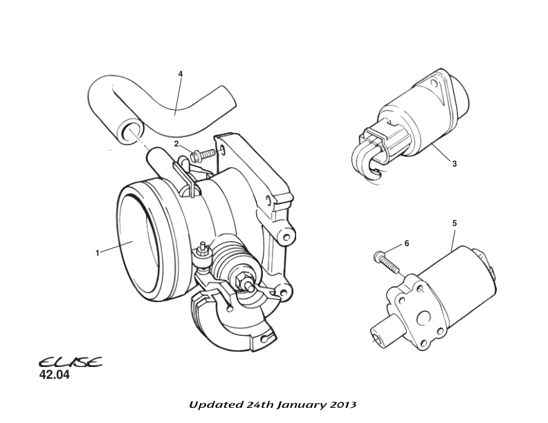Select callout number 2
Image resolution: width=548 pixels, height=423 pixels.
tap(176, 144)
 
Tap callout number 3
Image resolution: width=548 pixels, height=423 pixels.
tap(454, 164)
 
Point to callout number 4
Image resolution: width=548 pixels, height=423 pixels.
tap(181, 73)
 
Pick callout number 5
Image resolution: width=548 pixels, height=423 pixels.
tap(454, 223)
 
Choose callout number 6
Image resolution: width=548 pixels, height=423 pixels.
tap(407, 243)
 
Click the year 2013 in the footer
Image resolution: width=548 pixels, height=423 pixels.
tap(345, 404)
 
